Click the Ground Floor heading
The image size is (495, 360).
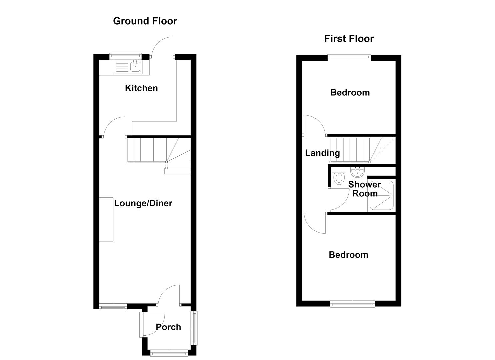[x=145, y=21]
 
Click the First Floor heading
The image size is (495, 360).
[x=349, y=39]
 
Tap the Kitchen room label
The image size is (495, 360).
[x=141, y=88]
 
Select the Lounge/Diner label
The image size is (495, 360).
[x=143, y=203]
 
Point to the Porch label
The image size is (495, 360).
[x=168, y=327]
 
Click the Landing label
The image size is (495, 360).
[x=322, y=153]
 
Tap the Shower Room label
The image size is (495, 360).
[x=365, y=189]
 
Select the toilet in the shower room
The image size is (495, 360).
[x=339, y=176]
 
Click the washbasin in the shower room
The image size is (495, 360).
[x=358, y=172]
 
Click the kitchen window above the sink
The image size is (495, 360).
[x=126, y=55]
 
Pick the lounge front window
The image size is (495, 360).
[x=113, y=307]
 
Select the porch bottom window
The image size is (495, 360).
[x=169, y=353]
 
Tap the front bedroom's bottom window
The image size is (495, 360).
[x=352, y=304]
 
